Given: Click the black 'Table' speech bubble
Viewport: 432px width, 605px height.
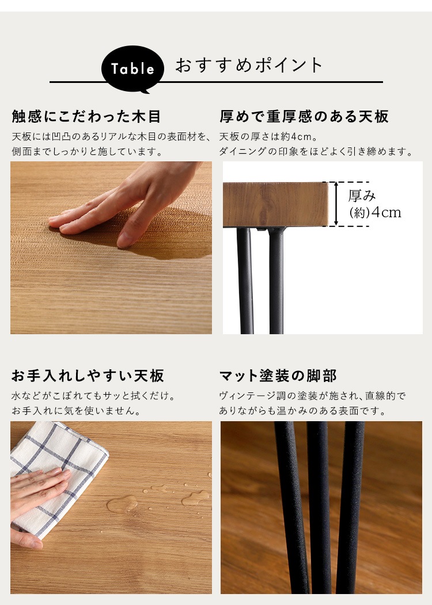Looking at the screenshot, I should pos(132,69).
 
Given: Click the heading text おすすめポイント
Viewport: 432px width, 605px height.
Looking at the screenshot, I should pos(249,65).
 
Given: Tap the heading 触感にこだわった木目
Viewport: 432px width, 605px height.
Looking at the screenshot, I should pos(86,116).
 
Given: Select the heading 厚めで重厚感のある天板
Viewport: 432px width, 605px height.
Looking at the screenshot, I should pos(304,116).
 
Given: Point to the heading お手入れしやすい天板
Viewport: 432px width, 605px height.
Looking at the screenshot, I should pos(88,376).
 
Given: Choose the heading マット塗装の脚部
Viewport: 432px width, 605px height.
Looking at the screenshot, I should pos(278,376).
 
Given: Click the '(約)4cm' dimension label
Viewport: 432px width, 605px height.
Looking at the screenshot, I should pos(375,213).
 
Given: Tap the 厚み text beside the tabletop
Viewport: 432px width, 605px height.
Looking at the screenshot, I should pos(362,196).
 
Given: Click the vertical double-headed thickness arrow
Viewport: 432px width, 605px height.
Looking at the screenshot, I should pos(336,204).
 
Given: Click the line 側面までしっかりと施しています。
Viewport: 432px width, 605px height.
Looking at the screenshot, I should pos(87,152).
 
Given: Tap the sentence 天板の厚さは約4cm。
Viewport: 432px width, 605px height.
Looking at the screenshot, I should pos(268,137).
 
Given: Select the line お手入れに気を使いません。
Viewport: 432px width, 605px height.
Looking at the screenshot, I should pos(76,411).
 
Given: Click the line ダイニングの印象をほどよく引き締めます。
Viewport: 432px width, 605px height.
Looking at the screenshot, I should pos(316,152).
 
